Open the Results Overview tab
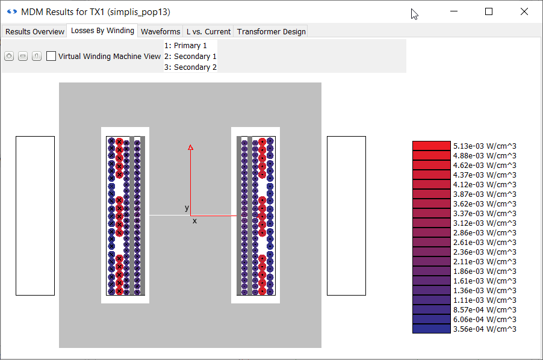point(35,31)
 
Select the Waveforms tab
point(160,31)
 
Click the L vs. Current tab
point(208,31)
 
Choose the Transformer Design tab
point(271,31)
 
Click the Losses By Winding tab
point(102,31)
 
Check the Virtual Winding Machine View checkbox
point(51,56)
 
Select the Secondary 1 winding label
point(190,57)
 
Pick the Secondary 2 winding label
point(190,67)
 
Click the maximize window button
point(489,11)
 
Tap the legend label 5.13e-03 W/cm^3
point(484,146)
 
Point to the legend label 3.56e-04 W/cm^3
point(484,329)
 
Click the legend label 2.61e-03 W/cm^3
point(484,242)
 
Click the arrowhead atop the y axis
point(191,147)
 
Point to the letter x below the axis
point(194,221)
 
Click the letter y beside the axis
point(187,208)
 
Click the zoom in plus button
point(9,56)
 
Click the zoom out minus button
point(23,56)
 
